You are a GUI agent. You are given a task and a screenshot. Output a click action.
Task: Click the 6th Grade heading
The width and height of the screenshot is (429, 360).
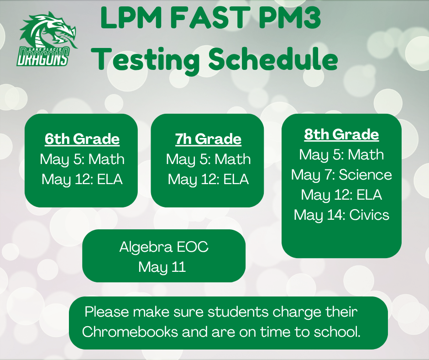click(x=82, y=138)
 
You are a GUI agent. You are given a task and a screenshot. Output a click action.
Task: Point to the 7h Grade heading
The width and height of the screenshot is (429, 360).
click(x=208, y=138)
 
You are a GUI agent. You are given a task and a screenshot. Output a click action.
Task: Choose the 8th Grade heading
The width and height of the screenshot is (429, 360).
click(x=341, y=134)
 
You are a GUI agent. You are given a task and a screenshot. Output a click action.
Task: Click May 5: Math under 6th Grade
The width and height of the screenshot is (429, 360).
click(x=82, y=159)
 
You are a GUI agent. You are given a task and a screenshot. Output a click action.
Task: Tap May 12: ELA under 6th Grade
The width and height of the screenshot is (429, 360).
click(x=82, y=179)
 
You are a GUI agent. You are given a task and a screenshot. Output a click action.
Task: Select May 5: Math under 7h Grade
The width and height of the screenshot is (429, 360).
click(x=208, y=159)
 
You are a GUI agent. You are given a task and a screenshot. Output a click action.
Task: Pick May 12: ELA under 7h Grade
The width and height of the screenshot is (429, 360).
click(x=208, y=179)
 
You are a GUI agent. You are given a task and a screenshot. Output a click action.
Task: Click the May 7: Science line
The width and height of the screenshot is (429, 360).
click(x=341, y=175)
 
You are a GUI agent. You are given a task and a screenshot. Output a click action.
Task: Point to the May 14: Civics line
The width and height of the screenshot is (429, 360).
click(x=341, y=214)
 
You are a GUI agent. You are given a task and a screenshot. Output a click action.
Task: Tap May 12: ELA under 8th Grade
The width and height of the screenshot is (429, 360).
click(x=341, y=195)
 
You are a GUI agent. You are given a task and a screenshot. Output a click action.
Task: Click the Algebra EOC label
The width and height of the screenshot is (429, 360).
click(x=164, y=247)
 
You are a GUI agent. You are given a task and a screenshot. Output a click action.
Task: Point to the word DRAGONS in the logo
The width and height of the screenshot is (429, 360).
click(x=43, y=58)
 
